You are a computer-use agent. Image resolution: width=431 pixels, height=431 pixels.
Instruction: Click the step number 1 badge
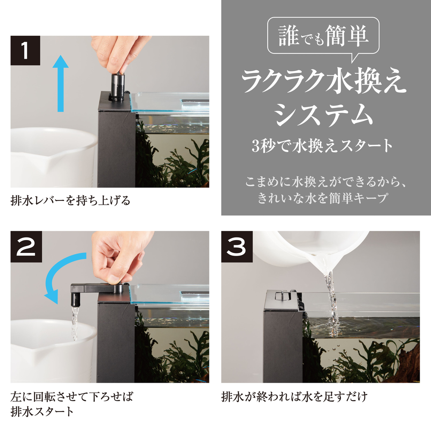(x=25, y=50)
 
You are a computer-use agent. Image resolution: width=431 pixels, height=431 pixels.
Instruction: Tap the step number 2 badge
(x=26, y=247)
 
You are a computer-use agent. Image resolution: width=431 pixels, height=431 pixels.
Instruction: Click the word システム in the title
(x=324, y=115)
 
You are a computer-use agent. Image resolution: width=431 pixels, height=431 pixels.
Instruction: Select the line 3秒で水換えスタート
(x=322, y=146)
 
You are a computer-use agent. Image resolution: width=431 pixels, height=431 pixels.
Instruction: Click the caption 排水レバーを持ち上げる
(x=70, y=200)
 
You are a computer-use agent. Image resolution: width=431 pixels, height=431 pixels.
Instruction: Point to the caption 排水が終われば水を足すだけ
(x=294, y=397)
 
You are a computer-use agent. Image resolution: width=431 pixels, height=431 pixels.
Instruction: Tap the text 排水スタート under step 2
(x=42, y=412)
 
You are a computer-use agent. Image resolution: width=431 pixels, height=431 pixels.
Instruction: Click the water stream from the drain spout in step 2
(x=75, y=324)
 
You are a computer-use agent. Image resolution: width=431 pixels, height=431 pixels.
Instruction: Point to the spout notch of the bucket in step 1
(x=50, y=162)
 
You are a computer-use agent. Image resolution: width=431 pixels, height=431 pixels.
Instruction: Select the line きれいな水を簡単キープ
(x=323, y=198)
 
